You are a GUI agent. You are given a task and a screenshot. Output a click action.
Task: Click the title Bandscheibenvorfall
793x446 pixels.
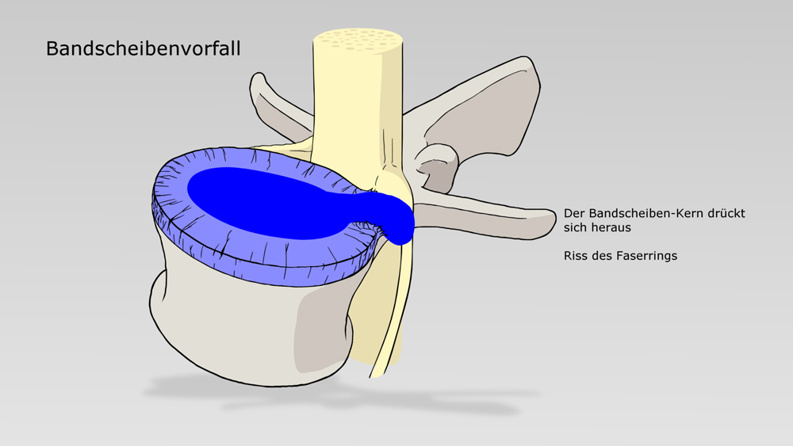click(x=143, y=49)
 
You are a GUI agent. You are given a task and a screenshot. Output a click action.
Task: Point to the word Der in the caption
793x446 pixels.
click(x=573, y=214)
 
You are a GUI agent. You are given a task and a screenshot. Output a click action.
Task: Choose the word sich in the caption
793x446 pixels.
click(x=576, y=228)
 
